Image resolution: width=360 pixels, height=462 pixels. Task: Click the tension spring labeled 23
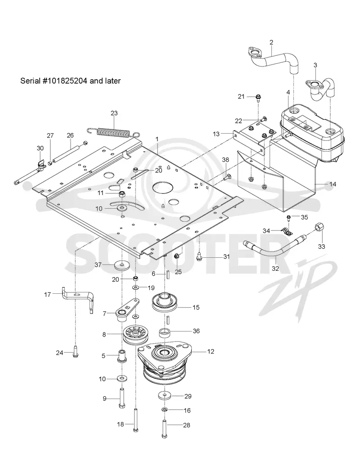pyautogui.click(x=114, y=131)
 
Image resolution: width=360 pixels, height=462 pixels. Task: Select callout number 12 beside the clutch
pyautogui.click(x=211, y=351)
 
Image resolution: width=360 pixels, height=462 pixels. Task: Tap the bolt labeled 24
pyautogui.click(x=75, y=351)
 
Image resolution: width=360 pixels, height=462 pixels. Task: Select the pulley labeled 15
pyautogui.click(x=165, y=301)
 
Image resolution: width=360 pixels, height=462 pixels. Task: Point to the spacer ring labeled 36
pyautogui.click(x=165, y=332)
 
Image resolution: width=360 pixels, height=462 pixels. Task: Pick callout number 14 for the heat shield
pyautogui.click(x=333, y=184)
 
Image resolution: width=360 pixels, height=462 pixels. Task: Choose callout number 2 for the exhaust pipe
pyautogui.click(x=271, y=42)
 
